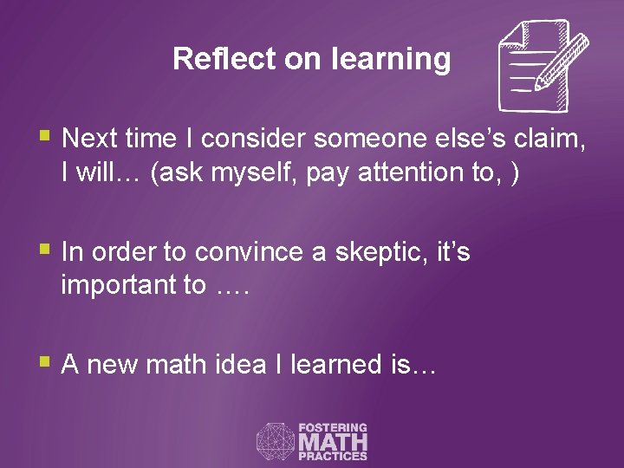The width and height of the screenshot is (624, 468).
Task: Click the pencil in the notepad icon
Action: (x=561, y=62)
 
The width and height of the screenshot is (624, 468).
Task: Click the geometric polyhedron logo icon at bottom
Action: (x=275, y=441)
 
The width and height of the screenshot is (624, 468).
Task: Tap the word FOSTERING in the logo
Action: (x=333, y=427)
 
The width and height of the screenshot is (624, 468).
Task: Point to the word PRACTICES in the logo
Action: (x=333, y=456)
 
